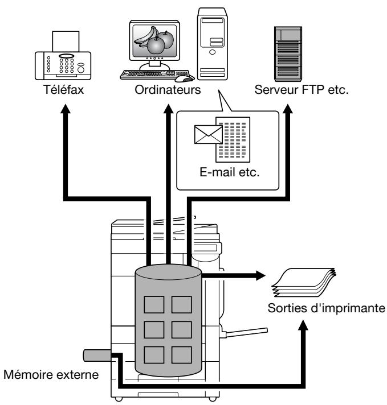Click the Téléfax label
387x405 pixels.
64,90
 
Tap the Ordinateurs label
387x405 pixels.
168,90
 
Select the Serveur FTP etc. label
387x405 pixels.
302,90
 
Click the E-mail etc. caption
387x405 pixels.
229,172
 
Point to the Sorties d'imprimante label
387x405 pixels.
327,308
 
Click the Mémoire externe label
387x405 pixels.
51,374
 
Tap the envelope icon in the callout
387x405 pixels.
209,135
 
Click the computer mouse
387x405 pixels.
185,78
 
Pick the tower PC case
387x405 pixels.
212,44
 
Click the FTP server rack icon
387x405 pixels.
288,53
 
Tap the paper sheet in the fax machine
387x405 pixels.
66,42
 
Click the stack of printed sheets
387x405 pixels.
303,282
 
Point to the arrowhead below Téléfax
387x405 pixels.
66,109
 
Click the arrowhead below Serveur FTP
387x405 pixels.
288,109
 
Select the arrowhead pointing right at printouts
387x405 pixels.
260,275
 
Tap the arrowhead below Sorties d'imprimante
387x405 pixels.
303,325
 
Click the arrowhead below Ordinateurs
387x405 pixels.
169,109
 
